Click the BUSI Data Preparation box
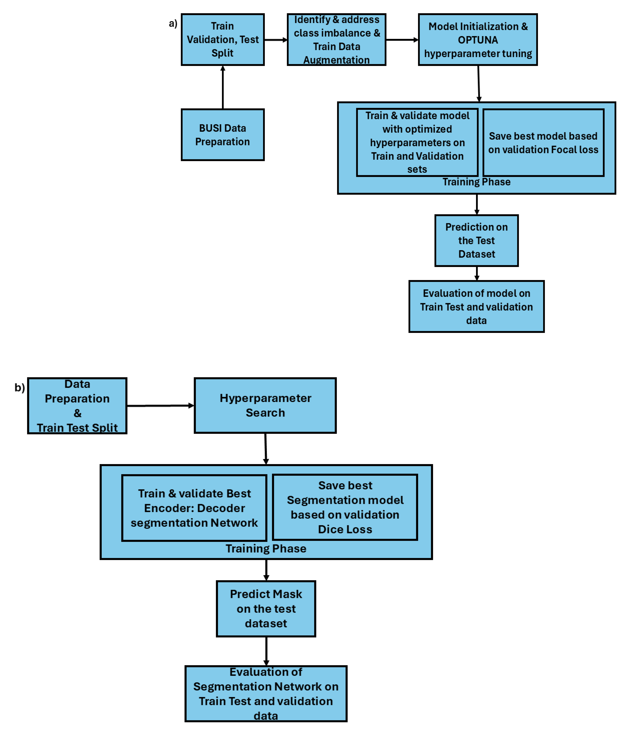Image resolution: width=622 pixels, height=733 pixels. click(222, 135)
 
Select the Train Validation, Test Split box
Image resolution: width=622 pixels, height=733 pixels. click(222, 40)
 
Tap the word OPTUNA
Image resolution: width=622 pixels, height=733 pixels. click(478, 40)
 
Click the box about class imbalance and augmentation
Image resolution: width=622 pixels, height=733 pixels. click(336, 40)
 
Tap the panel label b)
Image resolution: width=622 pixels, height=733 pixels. click(19, 387)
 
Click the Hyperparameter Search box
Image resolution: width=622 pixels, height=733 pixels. click(265, 405)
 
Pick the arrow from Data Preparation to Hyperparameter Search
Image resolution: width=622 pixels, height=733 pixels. click(160, 406)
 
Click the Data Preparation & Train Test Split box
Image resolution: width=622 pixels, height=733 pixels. click(77, 406)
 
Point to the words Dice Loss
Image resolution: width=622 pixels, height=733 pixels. click(345, 529)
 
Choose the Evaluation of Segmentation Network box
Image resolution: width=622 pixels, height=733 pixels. click(266, 693)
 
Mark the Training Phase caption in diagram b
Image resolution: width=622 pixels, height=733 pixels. click(266, 548)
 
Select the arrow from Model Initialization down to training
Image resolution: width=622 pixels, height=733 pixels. click(478, 84)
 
